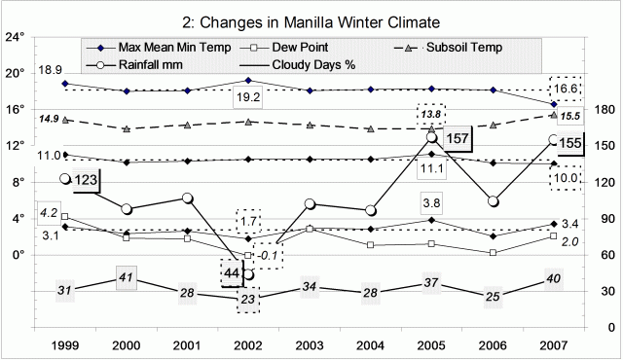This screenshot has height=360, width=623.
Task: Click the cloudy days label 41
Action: coord(125,278)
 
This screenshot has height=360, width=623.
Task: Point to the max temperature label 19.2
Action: coord(249,97)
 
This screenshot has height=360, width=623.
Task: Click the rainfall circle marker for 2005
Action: coord(431,138)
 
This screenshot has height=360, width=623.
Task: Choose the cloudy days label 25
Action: coord(493,296)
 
